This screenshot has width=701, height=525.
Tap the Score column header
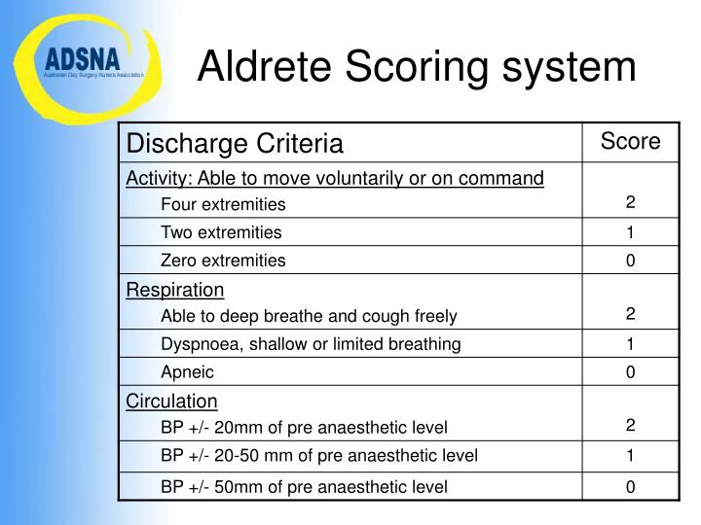630,142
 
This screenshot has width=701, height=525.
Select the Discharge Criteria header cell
235,144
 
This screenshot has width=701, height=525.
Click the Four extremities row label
223,204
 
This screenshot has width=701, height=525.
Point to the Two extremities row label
221,232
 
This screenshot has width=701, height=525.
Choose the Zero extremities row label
223,261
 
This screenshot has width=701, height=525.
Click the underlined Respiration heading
175,290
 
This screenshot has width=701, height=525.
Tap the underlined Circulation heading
172,401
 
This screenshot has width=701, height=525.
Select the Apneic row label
187,372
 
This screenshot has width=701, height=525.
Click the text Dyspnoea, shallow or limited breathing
311,344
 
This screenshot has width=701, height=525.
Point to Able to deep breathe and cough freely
309,316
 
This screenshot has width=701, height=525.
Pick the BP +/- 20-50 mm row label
319,456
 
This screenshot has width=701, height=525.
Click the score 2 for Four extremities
630,203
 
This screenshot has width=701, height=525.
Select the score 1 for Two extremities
630,232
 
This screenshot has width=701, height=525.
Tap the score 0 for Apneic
630,372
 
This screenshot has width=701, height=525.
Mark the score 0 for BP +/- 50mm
630,486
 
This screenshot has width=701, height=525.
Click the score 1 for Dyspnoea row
630,344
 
